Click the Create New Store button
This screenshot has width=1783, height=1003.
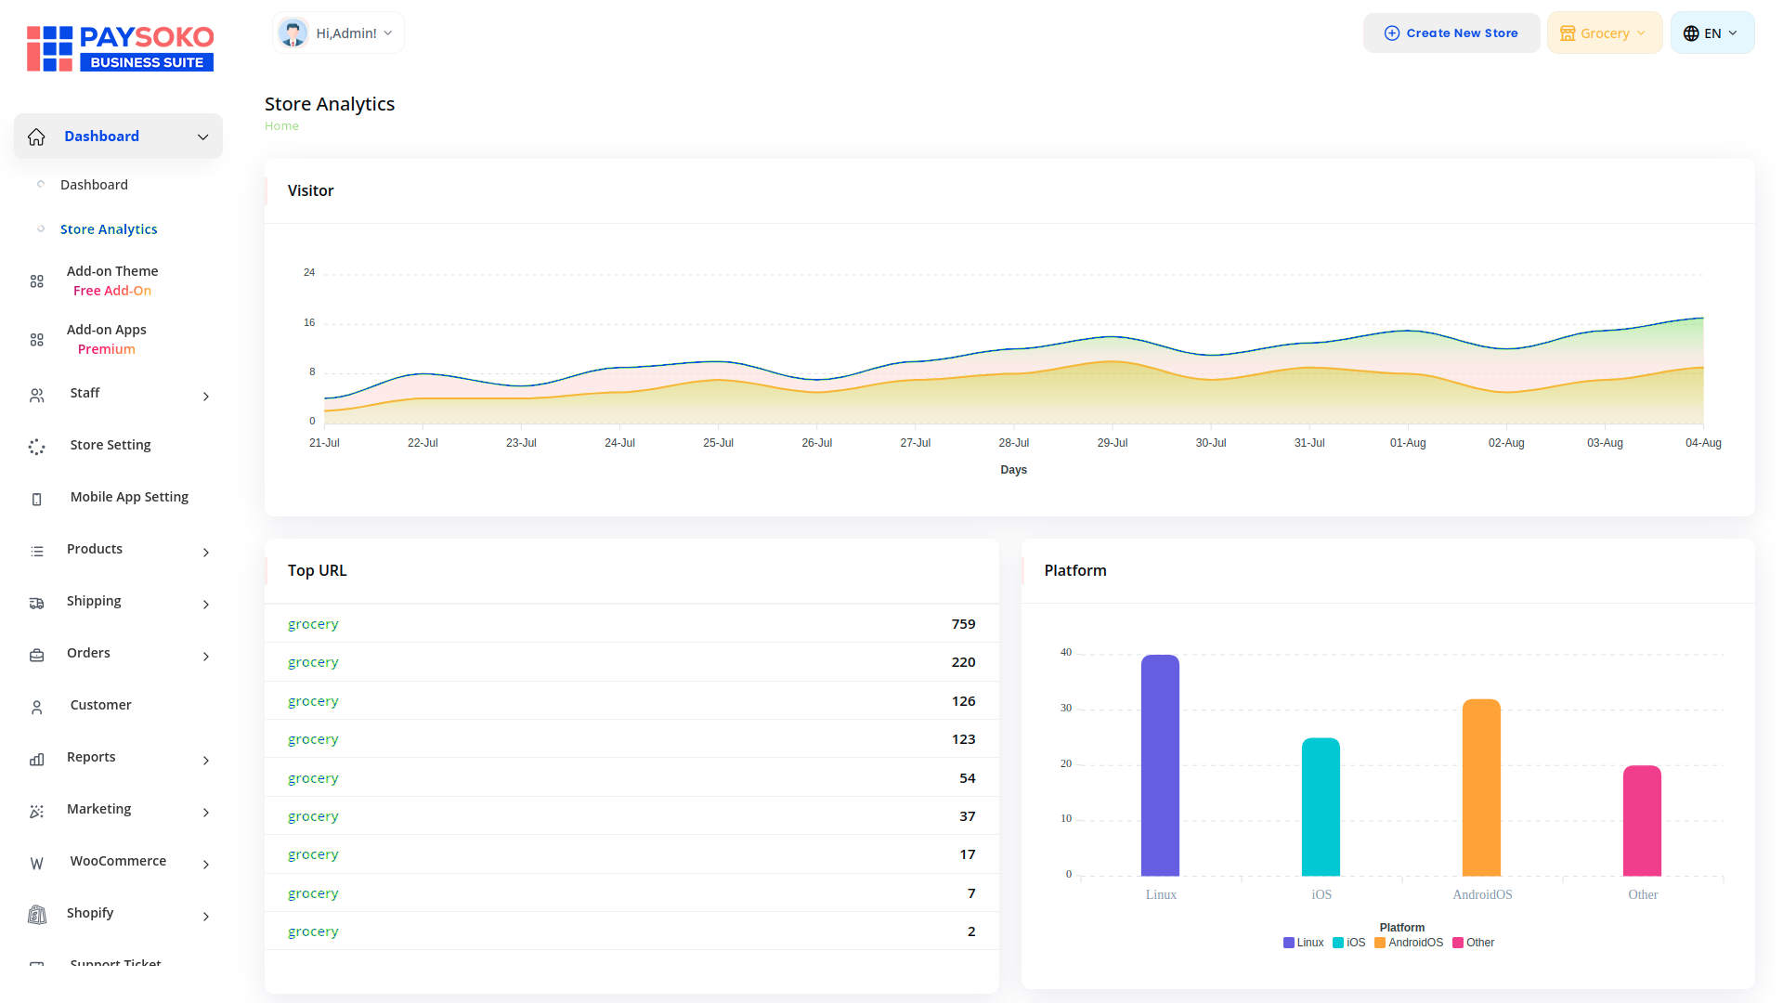[x=1451, y=33]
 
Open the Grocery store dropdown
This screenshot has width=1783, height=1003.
[x=1604, y=33]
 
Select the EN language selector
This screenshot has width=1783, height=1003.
[x=1711, y=33]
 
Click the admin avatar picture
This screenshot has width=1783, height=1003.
[x=293, y=33]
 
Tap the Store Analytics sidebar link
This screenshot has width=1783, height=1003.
[x=109, y=229]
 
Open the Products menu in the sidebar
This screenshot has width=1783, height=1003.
[x=95, y=549]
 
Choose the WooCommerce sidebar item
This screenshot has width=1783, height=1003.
[x=118, y=861]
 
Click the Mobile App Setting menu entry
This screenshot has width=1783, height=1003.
[x=129, y=497]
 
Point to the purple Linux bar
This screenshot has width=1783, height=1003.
[x=1160, y=765]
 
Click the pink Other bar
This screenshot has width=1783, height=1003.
[x=1642, y=821]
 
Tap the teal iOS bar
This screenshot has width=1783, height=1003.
[x=1321, y=807]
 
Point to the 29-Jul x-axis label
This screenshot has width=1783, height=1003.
[x=1113, y=443]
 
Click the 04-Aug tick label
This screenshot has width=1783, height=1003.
[x=1703, y=443]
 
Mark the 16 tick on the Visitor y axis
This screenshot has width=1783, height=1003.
[x=309, y=322]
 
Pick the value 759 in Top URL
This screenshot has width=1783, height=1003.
[x=963, y=624]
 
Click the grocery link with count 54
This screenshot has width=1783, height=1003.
[x=313, y=778]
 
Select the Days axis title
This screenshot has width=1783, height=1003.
[x=1013, y=470]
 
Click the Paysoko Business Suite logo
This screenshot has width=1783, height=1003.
[x=121, y=48]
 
